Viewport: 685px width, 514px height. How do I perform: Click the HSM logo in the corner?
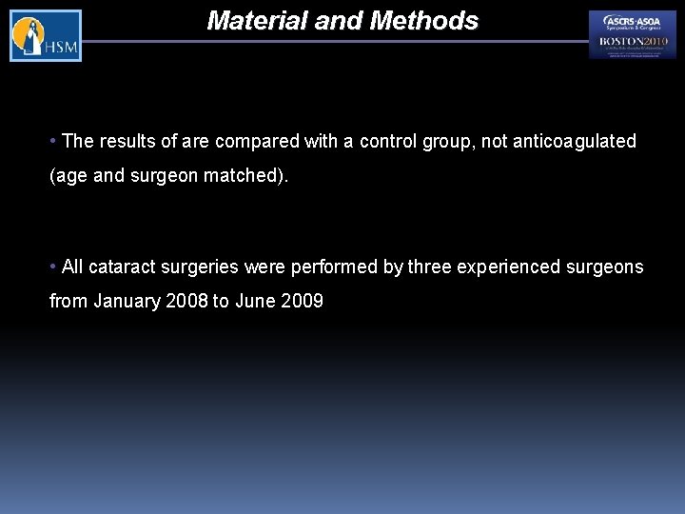(x=46, y=36)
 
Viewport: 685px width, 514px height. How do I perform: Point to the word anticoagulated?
(x=575, y=142)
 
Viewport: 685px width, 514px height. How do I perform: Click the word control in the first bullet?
(x=385, y=142)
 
